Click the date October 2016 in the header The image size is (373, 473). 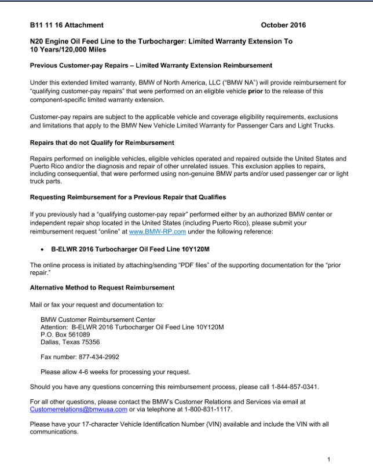pos(283,25)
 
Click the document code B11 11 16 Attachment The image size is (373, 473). pos(67,25)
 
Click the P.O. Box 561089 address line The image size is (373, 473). pos(65,334)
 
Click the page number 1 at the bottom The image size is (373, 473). pos(328,460)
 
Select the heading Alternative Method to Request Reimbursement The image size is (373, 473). pos(102,288)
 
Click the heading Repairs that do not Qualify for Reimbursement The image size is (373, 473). pos(102,143)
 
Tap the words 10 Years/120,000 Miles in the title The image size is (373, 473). pos(64,49)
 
